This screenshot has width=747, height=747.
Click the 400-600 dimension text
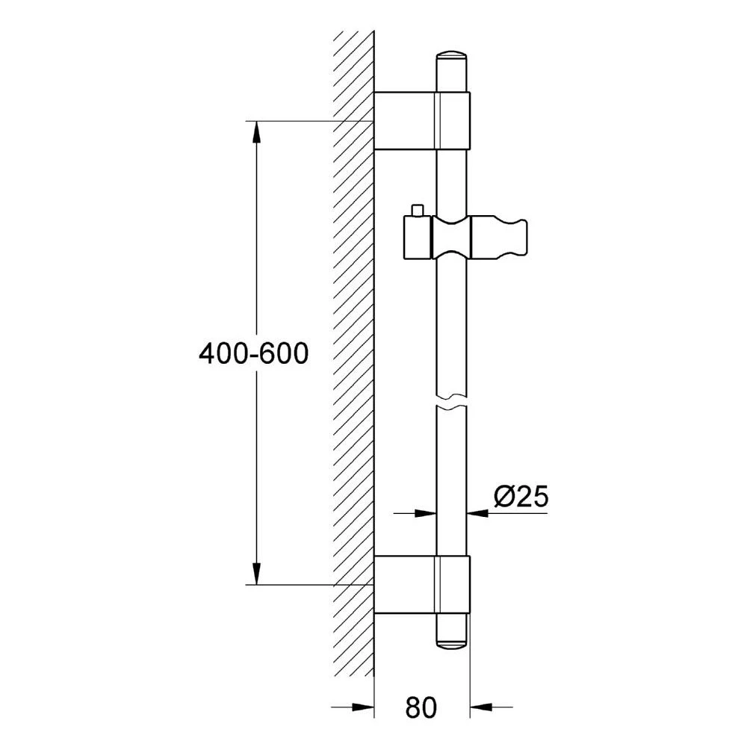(253, 353)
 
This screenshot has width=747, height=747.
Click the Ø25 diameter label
(521, 496)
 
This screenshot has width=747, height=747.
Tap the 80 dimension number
(421, 707)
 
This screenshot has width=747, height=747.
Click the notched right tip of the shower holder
(519, 238)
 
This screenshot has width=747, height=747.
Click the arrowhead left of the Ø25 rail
(425, 512)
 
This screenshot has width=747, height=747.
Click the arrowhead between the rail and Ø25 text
(477, 512)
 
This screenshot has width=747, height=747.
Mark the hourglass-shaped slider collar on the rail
(451, 238)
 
